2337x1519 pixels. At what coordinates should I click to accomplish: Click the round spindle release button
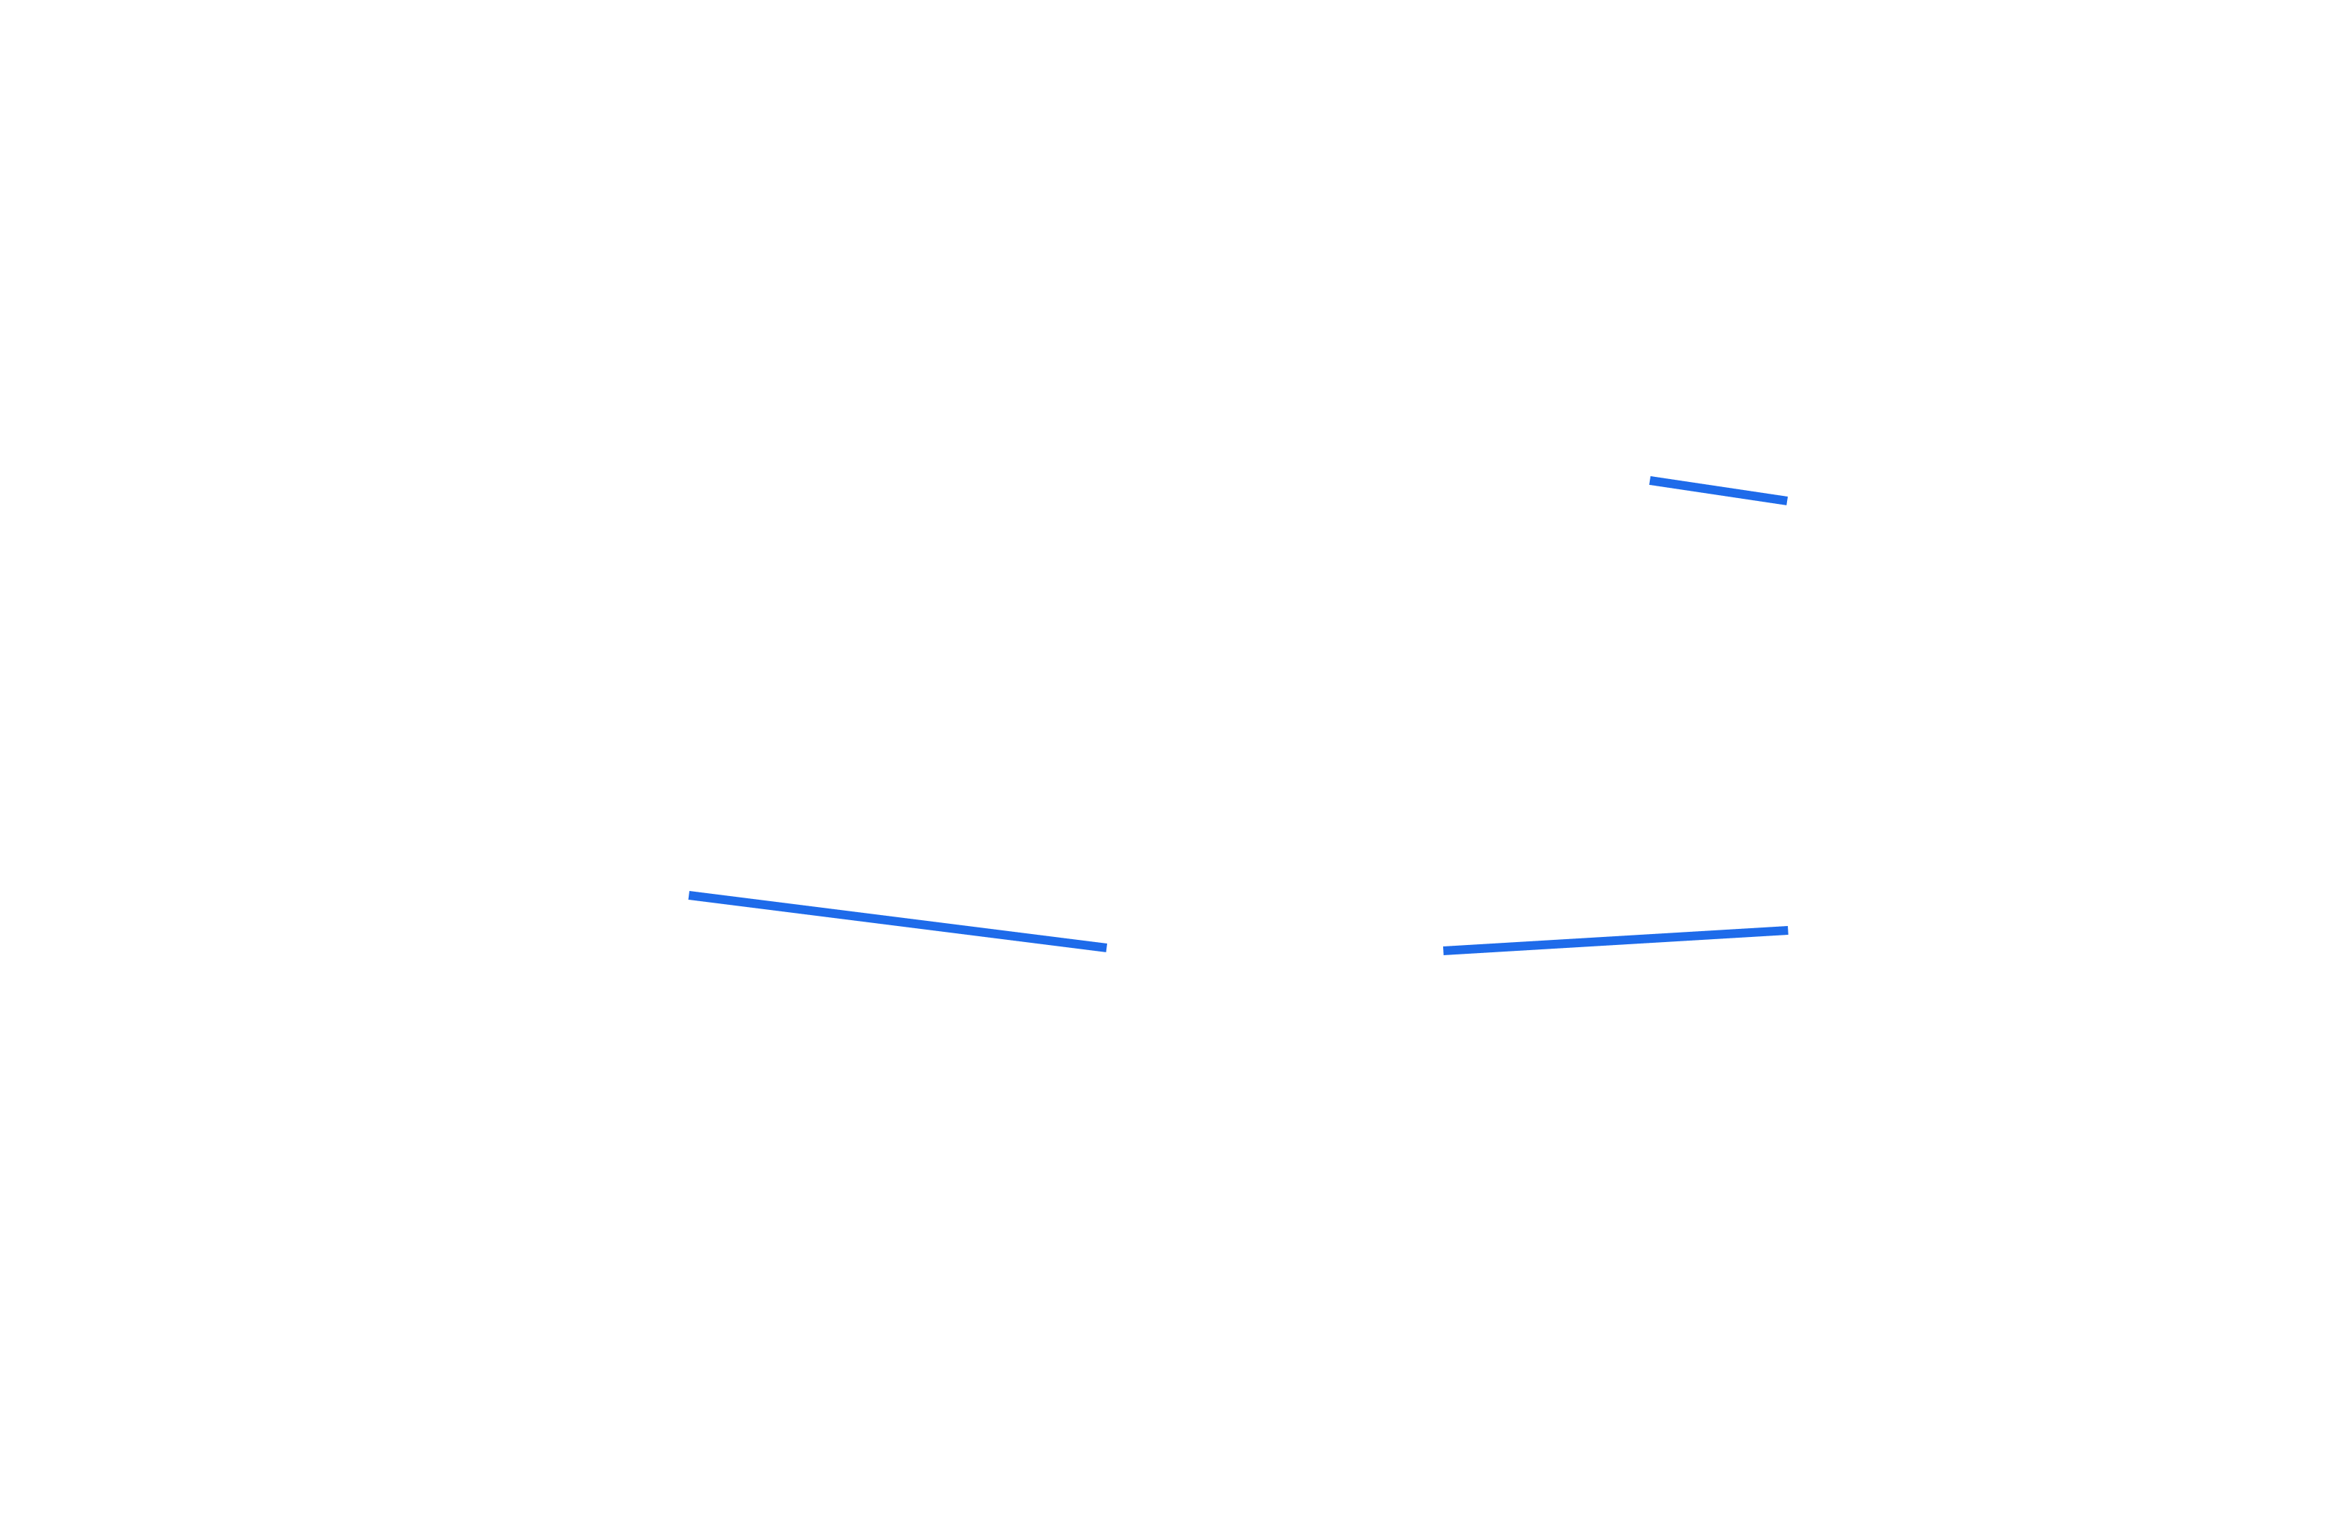[1112, 944]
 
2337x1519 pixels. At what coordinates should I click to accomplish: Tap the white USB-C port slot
[1440, 951]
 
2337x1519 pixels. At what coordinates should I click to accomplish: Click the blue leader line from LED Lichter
[1718, 491]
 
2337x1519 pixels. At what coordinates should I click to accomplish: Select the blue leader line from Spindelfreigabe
[894, 920]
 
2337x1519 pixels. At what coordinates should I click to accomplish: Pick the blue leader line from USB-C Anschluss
[1615, 941]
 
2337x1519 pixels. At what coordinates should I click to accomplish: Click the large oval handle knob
[1075, 1228]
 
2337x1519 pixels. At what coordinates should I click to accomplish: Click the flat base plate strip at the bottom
[1120, 1459]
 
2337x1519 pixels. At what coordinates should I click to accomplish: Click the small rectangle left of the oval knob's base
[830, 1400]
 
